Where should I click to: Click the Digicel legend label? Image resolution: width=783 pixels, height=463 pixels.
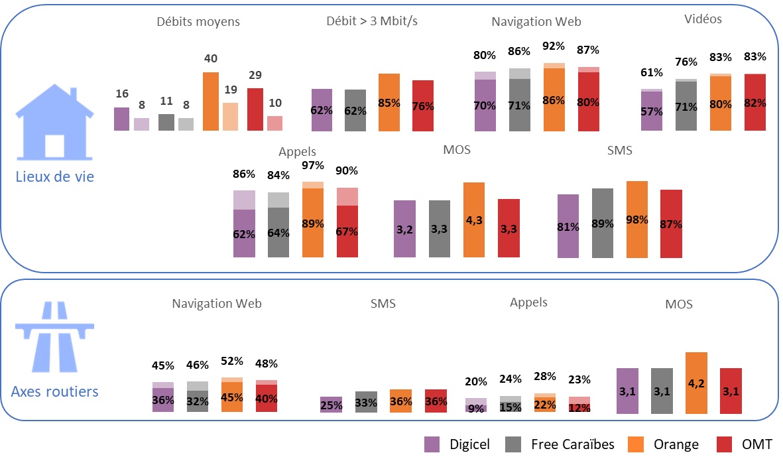(469, 444)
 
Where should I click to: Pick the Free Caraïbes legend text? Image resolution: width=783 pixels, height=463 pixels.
(573, 444)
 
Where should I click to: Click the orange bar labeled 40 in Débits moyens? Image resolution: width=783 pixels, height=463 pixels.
(210, 101)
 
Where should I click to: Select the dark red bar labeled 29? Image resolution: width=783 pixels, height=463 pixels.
(255, 109)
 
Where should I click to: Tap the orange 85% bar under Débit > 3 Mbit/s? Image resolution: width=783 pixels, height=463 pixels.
(389, 102)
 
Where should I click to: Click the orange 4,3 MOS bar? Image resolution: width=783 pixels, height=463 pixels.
(474, 220)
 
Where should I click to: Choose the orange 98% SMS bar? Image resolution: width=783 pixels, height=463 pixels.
(637, 219)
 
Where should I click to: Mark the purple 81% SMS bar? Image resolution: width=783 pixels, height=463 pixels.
(568, 226)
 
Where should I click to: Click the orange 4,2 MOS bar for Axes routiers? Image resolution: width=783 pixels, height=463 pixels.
(695, 383)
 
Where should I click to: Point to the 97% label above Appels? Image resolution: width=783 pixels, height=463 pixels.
(313, 165)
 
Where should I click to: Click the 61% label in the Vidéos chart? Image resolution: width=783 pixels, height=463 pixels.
(652, 72)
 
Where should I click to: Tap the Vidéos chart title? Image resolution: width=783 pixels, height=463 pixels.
(703, 19)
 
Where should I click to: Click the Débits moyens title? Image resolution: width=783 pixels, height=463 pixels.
(198, 22)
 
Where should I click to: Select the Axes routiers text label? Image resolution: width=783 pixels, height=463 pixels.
(54, 391)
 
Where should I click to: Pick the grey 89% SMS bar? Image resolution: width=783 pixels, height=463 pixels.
(603, 223)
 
